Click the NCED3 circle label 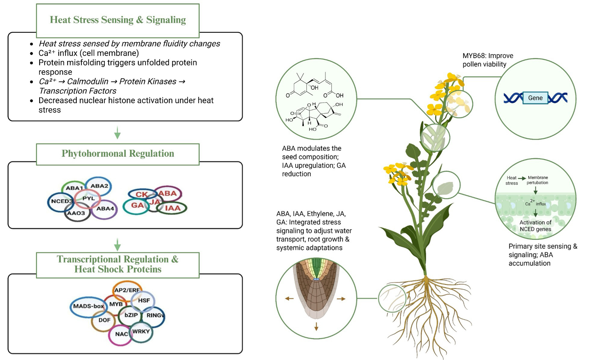coord(62,201)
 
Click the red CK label coord(141,195)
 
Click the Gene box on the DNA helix coord(535,98)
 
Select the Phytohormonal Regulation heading coord(118,153)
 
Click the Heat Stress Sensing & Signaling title coord(118,20)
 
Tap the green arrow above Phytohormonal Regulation coord(117,133)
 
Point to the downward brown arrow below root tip coord(316,326)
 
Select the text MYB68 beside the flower coord(474,56)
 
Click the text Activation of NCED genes coord(535,226)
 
